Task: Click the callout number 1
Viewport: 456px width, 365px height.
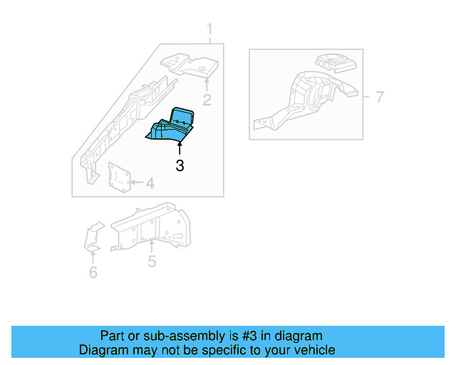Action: coord(210,29)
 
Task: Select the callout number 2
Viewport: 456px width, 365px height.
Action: coord(207,99)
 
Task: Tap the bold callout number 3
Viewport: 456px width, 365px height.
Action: coord(180,166)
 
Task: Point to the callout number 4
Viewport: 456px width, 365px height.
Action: coord(149,185)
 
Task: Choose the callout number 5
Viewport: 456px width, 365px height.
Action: coord(152,262)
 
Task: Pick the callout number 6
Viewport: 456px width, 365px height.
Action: coord(93,272)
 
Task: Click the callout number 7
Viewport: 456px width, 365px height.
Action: coord(379,96)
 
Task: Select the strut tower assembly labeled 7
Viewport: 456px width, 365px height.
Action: coord(306,96)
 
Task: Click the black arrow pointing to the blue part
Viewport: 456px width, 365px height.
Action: coord(180,148)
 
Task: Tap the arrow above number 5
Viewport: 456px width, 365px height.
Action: coord(151,247)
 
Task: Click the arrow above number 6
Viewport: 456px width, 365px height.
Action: coord(93,257)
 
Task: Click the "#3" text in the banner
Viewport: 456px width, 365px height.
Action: coord(233,336)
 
